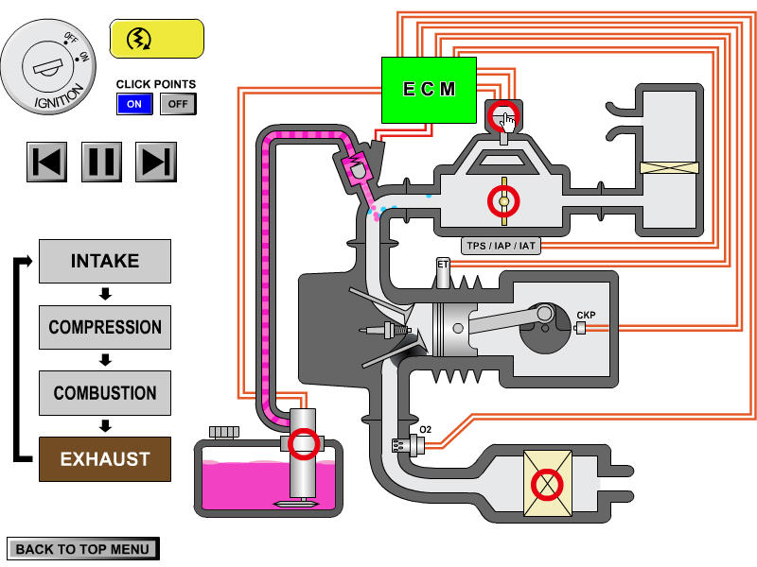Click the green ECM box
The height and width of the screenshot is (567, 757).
click(x=429, y=90)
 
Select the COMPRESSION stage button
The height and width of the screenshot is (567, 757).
click(x=105, y=327)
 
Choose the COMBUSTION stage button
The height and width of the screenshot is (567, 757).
click(x=105, y=393)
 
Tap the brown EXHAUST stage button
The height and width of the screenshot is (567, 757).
click(x=105, y=459)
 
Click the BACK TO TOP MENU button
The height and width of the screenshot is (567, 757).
click(x=82, y=549)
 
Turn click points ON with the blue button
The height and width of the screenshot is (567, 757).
click(x=134, y=103)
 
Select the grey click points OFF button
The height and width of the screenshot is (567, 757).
click(x=178, y=103)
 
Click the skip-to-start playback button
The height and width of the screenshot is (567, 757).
click(x=48, y=162)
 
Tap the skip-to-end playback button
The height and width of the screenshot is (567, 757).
click(x=156, y=162)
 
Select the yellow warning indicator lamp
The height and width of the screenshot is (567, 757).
click(x=157, y=39)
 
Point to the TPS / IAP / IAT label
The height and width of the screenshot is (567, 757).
click(x=501, y=247)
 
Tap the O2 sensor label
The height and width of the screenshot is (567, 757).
click(x=426, y=430)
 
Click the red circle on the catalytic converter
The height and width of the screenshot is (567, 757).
click(x=546, y=485)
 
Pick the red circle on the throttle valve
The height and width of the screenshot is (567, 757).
click(x=504, y=200)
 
